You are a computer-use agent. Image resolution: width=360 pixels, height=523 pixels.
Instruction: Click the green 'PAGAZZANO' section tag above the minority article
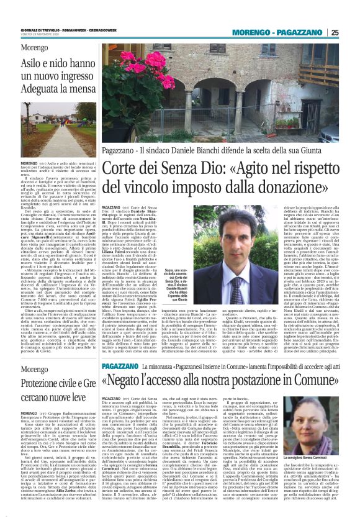pos(119,333)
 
